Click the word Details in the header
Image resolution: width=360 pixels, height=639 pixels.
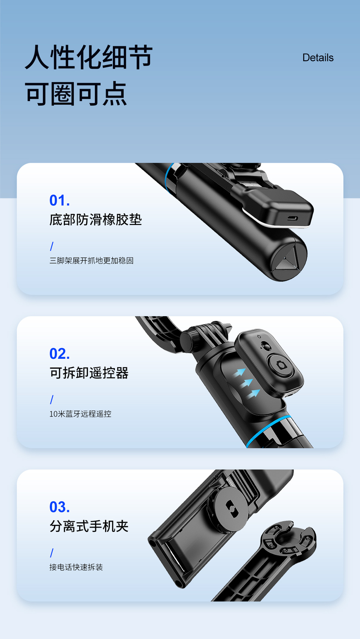318,58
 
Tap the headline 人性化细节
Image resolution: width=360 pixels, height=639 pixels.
89,57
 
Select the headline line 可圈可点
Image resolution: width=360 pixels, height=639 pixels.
76,94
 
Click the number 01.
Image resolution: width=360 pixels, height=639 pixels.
59,200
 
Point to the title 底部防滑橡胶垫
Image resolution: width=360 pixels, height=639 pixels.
96,220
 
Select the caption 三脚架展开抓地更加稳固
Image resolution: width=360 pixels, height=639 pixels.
91,261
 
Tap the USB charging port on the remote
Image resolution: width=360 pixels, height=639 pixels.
292,219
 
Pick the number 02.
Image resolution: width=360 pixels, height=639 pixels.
59,354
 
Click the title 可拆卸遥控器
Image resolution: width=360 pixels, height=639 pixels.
89,373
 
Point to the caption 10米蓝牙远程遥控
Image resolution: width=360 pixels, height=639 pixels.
80,414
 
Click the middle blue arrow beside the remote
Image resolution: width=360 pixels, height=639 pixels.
247,383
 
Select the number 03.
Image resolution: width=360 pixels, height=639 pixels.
59,507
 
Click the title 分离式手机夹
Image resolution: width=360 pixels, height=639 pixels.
89,527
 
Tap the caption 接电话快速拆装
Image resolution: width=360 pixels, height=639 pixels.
76,567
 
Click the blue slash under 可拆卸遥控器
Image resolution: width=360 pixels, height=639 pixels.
52,399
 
